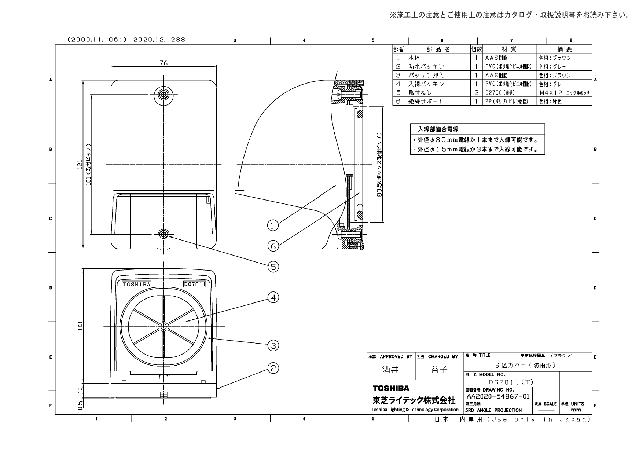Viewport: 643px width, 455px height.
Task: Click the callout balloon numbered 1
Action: (272, 225)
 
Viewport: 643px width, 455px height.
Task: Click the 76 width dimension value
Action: (163, 63)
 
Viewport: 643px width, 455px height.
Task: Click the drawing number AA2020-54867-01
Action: (498, 396)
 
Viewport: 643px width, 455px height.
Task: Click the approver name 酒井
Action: (390, 370)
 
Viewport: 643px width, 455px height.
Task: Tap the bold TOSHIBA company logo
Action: (391, 388)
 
